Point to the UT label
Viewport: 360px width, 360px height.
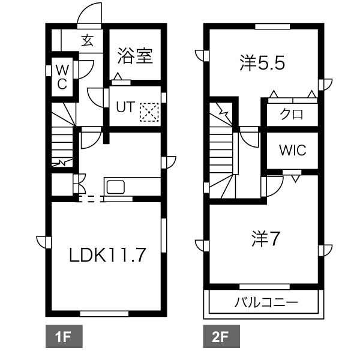coord(124,107)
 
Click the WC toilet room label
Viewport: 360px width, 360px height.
coord(62,77)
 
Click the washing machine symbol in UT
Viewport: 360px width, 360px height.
coord(148,111)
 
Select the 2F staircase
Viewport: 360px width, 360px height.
coord(223,150)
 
